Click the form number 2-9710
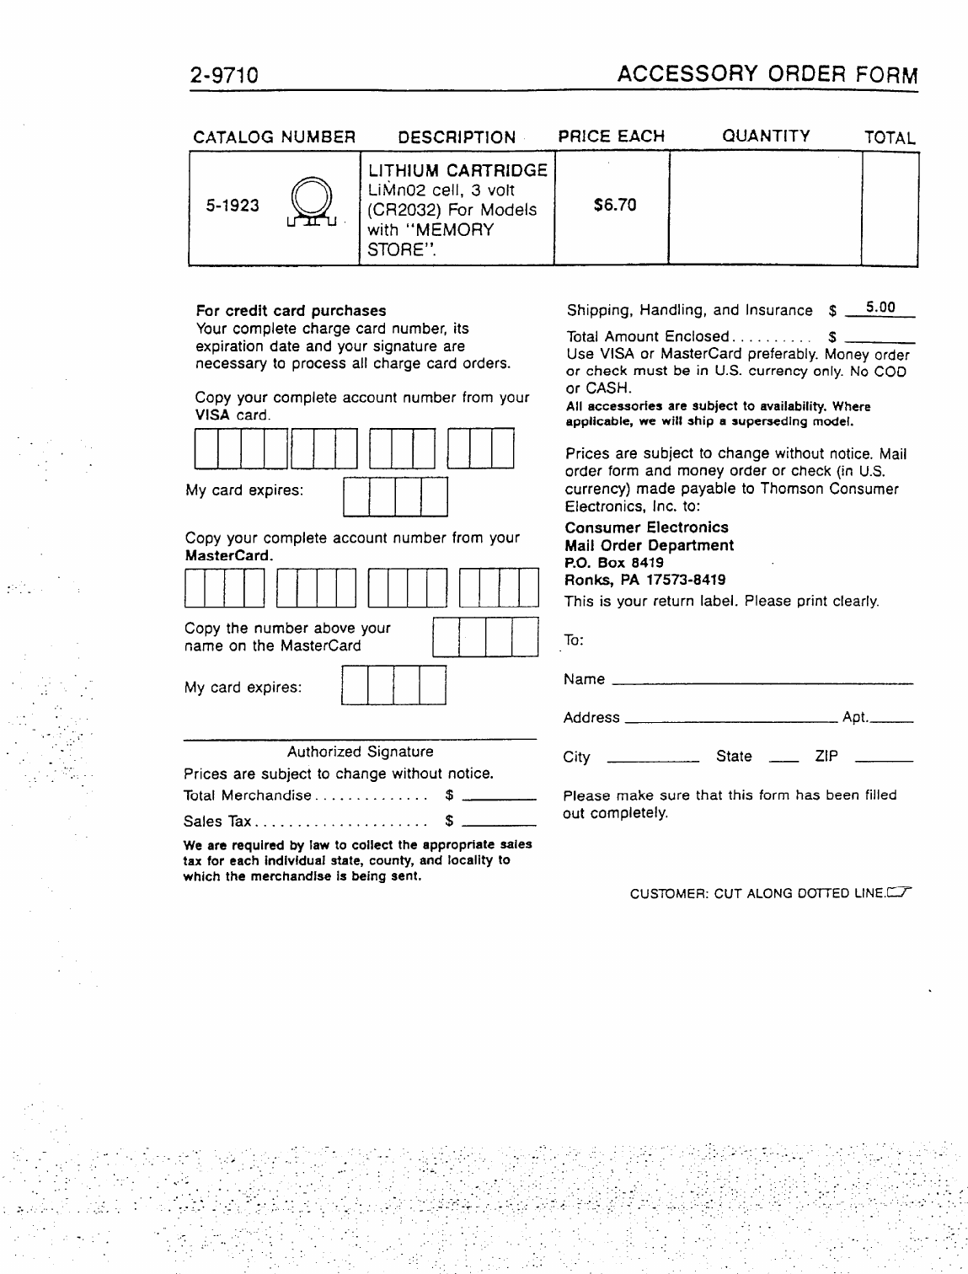pos(223,77)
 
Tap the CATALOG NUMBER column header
pos(275,137)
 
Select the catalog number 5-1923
pos(233,206)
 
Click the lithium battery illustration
pos(311,206)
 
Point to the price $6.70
pos(615,205)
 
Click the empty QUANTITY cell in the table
pos(765,208)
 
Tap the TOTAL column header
pos(890,138)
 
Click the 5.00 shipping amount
pos(881,308)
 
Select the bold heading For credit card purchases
pos(291,311)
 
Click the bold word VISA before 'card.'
pos(212,415)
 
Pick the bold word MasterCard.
pos(228,556)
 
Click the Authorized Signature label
pos(360,752)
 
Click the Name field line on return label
pos(762,682)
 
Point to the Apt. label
pos(854,718)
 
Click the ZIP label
pos(826,757)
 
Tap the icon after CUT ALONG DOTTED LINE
pos(901,892)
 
